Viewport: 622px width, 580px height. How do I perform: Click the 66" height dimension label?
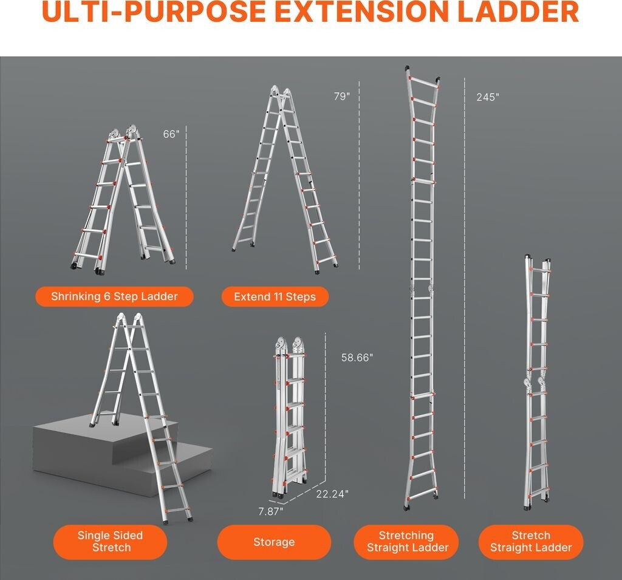tap(171, 134)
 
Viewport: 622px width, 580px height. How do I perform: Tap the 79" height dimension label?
tap(342, 97)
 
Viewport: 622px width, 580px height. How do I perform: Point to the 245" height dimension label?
tap(488, 97)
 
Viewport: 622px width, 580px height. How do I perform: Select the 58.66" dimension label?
tap(357, 358)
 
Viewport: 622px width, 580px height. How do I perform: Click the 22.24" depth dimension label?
tap(332, 494)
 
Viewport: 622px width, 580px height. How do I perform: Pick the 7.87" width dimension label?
tap(270, 511)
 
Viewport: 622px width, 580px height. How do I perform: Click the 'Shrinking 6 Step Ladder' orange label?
tap(114, 296)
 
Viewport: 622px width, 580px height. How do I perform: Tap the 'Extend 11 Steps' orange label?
tap(275, 297)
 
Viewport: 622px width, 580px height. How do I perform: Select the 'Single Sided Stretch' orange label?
tap(111, 542)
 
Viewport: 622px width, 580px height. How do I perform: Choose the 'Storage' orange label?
tap(274, 542)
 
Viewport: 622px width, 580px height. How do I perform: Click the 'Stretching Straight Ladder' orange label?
tap(406, 542)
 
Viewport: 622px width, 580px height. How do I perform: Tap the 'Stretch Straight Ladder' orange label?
tap(531, 542)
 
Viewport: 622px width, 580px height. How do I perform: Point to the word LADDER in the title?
tap(518, 12)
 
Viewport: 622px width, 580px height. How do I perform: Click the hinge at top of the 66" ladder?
tap(123, 133)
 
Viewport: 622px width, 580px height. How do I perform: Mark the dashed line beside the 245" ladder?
tap(465, 288)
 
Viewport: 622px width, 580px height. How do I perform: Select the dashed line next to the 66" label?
tap(186, 197)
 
